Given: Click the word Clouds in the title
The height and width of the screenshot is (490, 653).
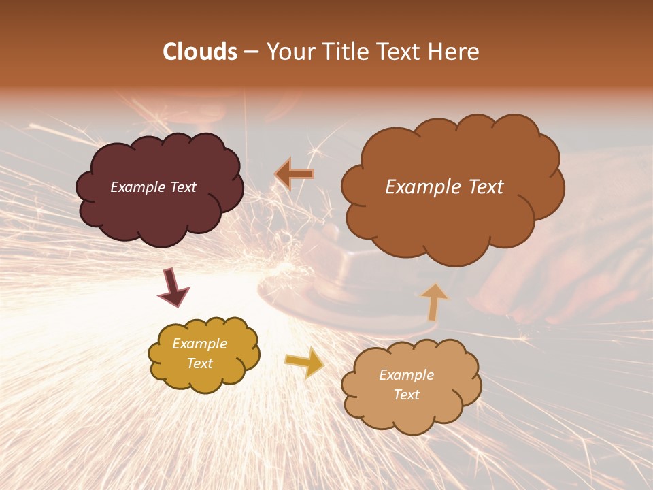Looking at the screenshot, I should [199, 52].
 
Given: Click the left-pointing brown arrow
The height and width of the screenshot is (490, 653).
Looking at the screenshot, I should [295, 174].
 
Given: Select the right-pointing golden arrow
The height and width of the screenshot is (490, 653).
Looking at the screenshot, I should [305, 363].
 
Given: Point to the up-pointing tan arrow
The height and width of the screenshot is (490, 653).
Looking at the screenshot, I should [434, 301].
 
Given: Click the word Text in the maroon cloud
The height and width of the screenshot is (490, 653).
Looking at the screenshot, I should [183, 187].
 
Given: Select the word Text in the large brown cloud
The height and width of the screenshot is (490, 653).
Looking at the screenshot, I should [486, 187].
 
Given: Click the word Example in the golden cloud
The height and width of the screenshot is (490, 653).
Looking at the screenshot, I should [200, 344].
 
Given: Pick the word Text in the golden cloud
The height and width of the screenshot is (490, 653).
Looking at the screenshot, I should [200, 363].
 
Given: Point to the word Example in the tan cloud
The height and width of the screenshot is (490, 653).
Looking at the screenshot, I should [406, 375].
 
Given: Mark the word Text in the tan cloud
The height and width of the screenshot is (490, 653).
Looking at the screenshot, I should [406, 395].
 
